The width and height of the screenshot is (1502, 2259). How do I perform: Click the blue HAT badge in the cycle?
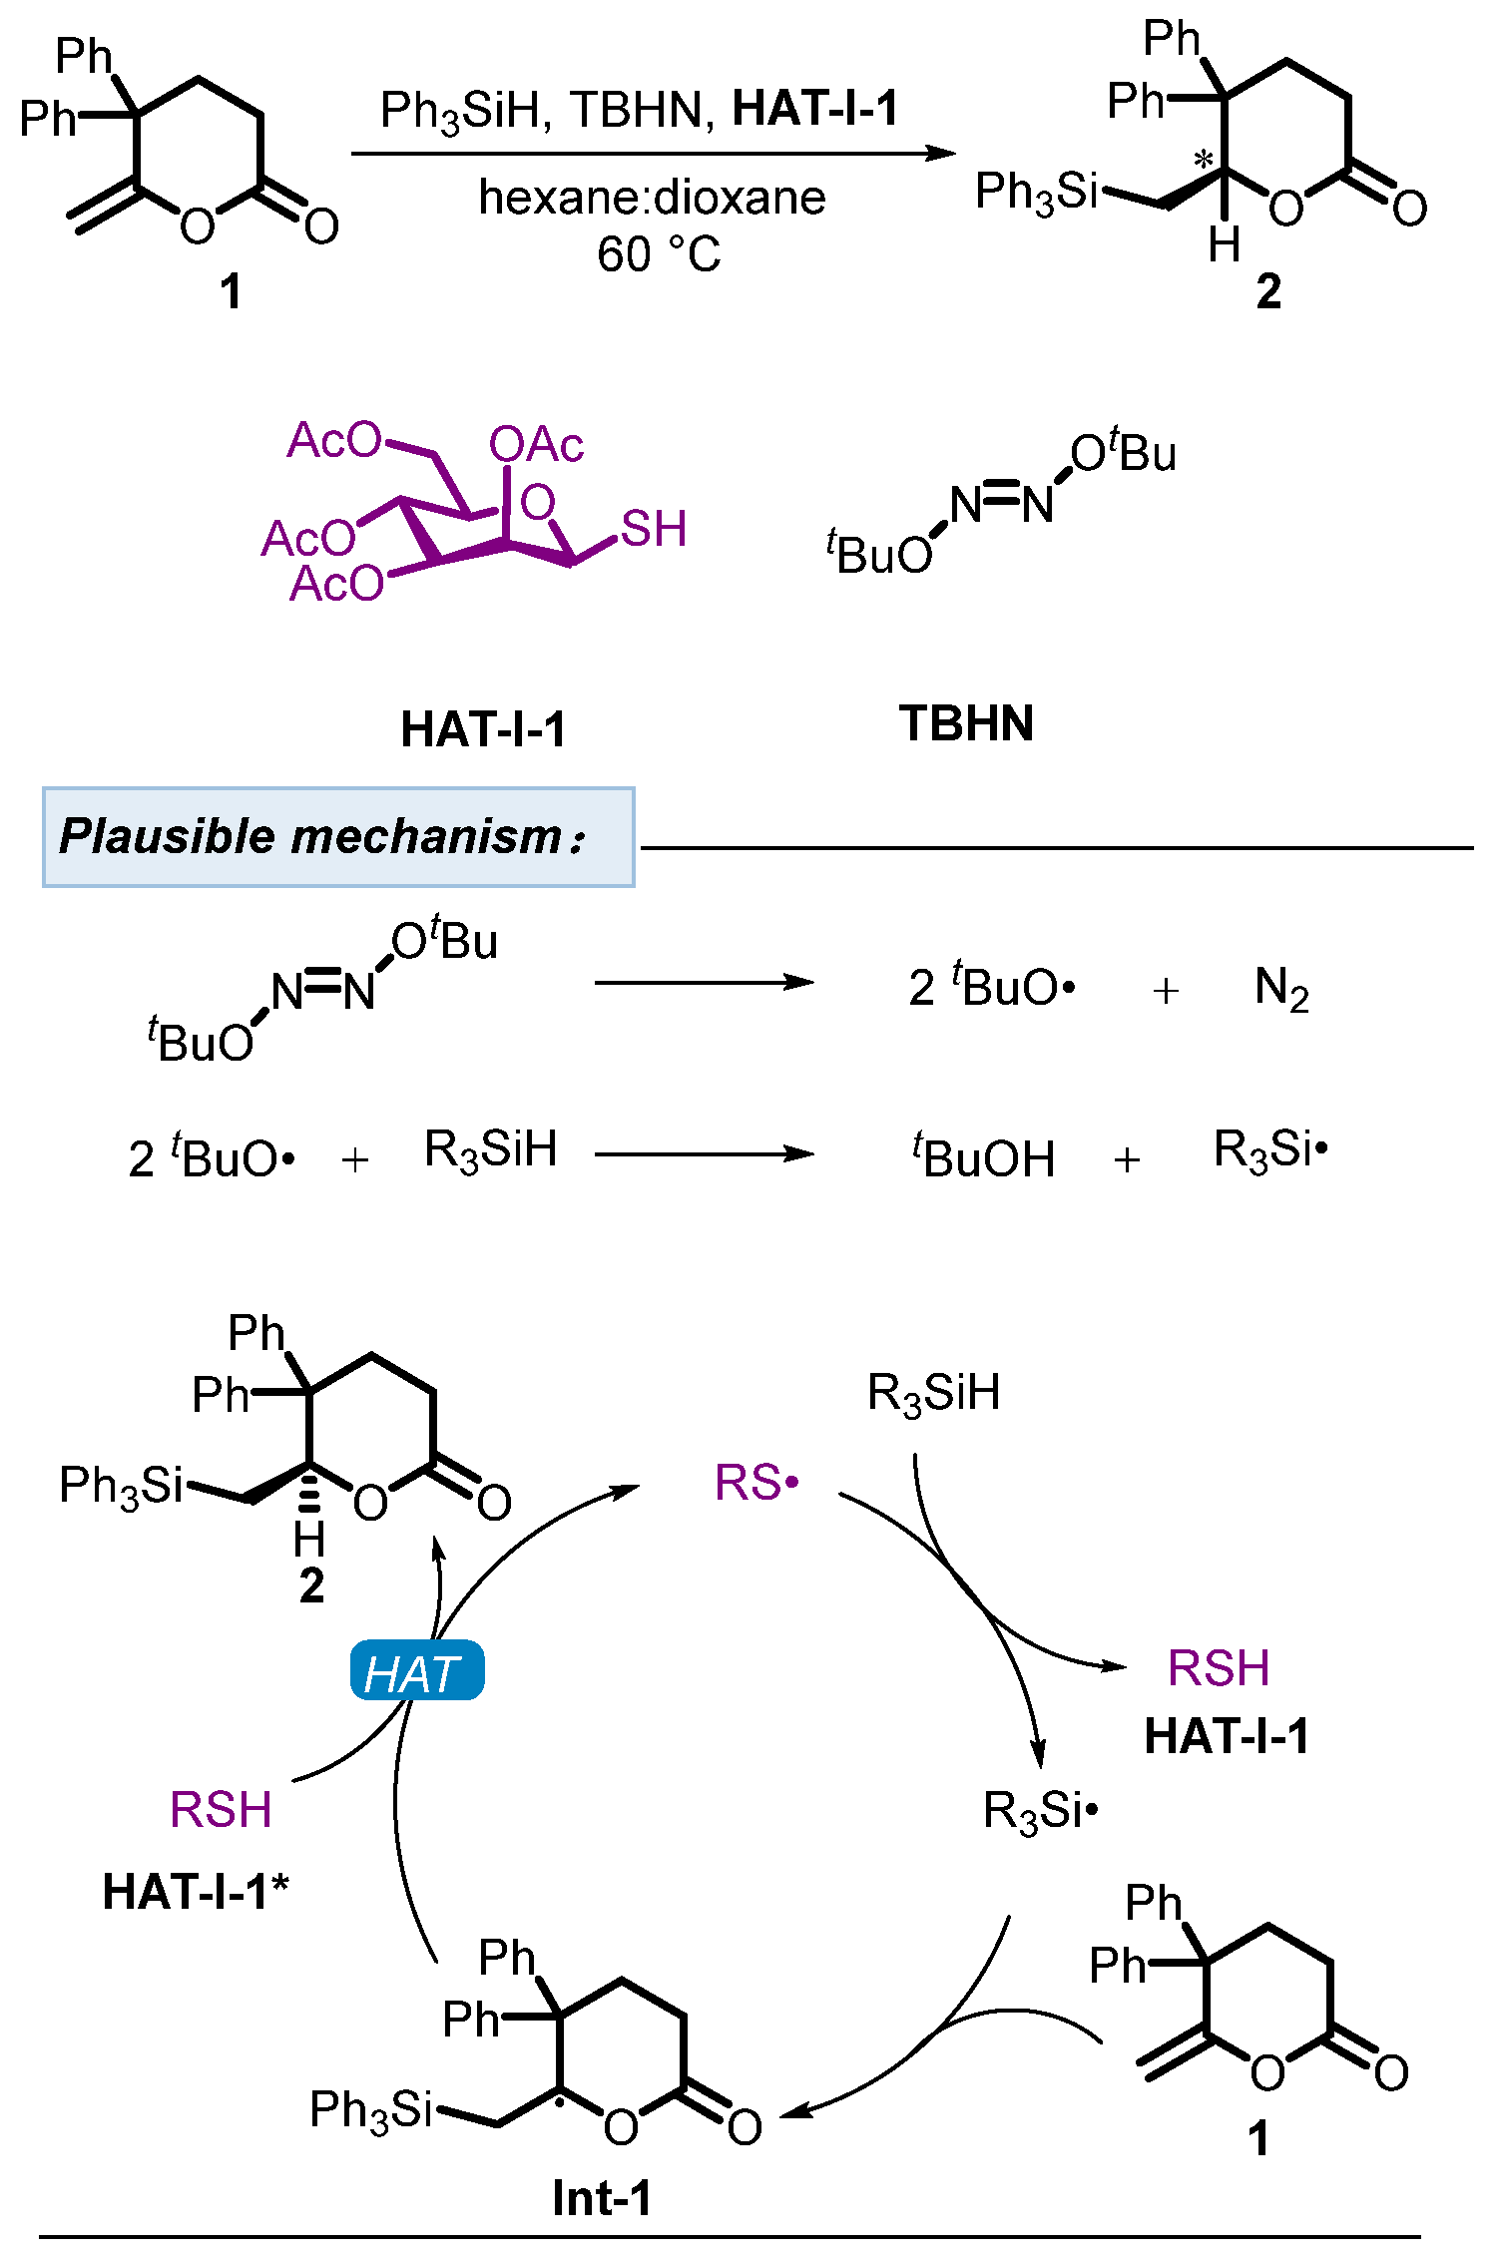coord(417,1672)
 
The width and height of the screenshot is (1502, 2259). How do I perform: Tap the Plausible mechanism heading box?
coord(338,836)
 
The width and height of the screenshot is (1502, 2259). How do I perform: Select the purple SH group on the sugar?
coord(654,529)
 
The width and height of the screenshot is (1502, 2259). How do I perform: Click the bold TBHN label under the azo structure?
coord(966,723)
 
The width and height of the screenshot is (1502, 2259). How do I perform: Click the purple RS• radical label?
coord(757,1483)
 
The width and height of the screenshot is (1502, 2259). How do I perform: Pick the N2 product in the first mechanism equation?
coord(1281,989)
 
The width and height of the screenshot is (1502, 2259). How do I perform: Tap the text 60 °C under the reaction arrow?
coord(659,254)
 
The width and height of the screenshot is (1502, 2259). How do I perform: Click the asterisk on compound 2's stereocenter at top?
coord(1205,160)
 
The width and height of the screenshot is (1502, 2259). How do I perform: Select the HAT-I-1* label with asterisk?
coord(197,1892)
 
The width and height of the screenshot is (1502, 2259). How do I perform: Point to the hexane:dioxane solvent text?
coord(652,198)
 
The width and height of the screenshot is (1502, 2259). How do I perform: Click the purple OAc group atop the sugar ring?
coord(536,444)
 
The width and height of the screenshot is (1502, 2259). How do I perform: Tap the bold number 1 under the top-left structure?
coord(231,291)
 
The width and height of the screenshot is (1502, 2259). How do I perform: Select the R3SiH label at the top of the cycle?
coord(933,1393)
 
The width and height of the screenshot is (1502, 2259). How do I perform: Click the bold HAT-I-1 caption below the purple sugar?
coord(483,729)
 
